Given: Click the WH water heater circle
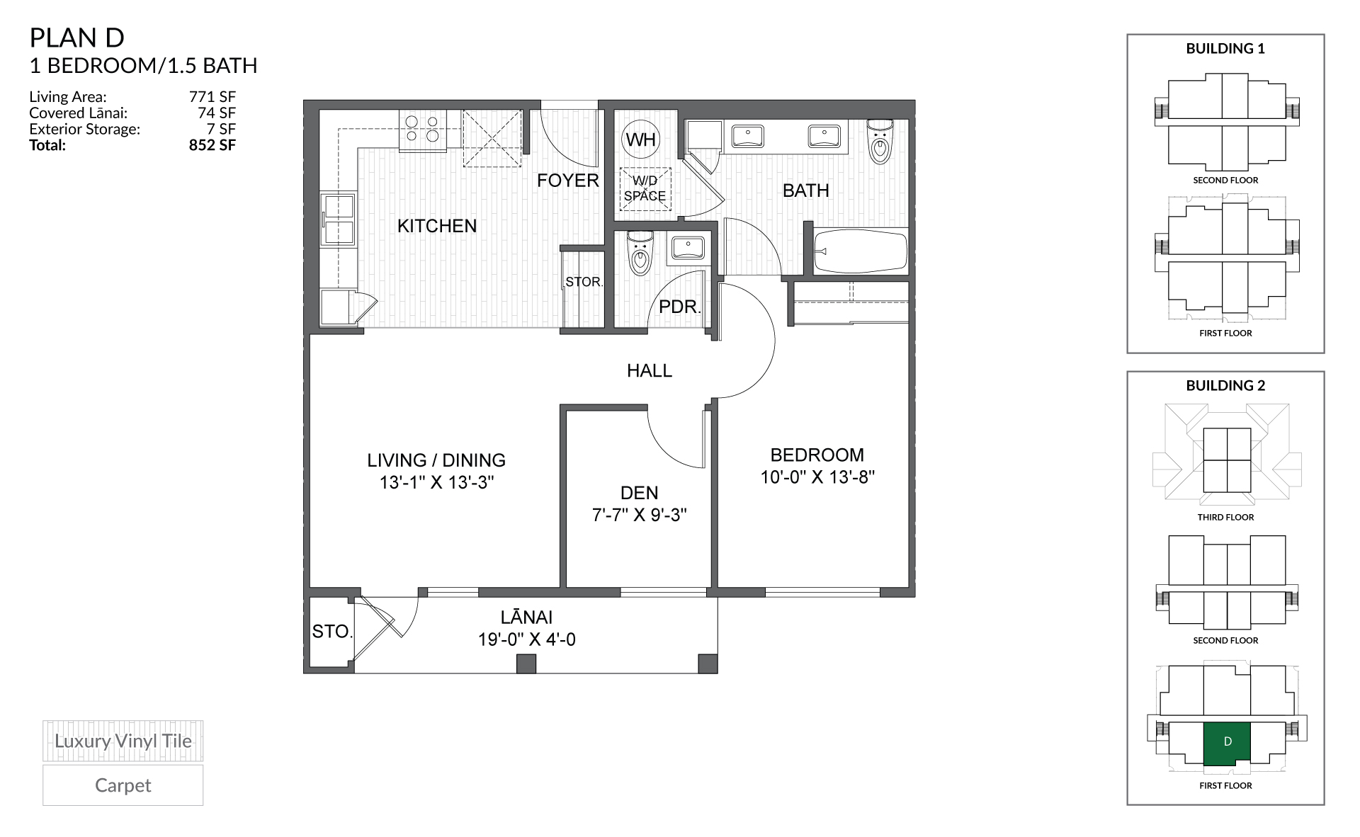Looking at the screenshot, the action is click(641, 139).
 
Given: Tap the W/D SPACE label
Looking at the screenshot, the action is click(645, 188).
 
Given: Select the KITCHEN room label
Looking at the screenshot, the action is click(437, 226).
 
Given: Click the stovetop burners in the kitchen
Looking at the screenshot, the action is click(422, 130).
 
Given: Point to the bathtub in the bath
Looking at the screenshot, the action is click(861, 251).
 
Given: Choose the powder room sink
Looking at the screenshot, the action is click(687, 250).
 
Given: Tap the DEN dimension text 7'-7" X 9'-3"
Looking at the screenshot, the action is click(640, 515).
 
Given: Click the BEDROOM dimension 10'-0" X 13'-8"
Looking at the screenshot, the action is click(817, 477).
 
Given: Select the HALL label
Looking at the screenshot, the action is click(650, 370).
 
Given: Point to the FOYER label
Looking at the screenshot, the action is click(568, 181).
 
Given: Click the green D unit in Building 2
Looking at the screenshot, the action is click(1227, 743).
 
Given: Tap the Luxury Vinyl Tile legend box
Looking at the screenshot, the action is click(123, 741).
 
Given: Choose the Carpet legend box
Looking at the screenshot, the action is click(123, 785).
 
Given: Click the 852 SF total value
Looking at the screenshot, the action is click(212, 145).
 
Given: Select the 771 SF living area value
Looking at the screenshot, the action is click(212, 97).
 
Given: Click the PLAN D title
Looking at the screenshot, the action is click(77, 38).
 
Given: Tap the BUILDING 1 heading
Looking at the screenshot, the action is click(1225, 49).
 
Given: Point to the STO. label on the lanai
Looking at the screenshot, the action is click(332, 632).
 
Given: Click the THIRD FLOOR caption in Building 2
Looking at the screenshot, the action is click(1225, 517).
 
